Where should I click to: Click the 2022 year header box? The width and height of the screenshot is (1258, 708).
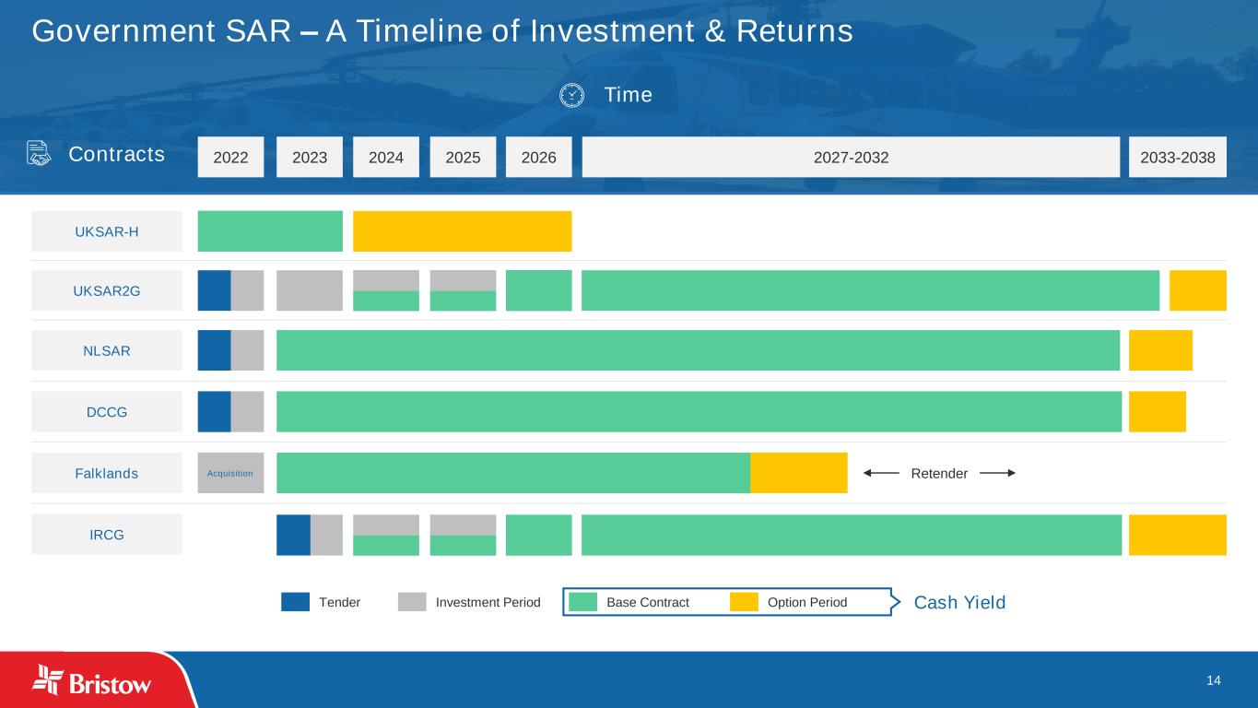230,158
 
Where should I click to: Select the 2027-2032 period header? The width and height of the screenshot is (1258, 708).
851,158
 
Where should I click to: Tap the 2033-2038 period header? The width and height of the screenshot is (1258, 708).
1177,158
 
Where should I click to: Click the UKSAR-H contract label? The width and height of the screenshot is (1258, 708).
107,231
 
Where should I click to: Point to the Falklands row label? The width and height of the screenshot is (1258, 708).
107,474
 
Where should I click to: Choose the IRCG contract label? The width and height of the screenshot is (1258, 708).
107,535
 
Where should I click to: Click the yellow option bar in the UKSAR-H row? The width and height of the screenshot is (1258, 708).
462,231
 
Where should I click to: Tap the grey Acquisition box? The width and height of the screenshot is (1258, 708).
230,473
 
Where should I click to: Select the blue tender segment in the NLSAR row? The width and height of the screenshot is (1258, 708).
214,350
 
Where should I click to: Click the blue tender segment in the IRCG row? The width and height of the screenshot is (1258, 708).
293,535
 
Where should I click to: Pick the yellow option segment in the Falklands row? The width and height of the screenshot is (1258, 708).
798,473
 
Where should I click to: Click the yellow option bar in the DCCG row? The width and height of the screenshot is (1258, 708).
1157,411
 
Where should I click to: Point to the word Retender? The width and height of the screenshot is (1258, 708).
939,474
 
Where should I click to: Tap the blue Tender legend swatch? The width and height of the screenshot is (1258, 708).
295,602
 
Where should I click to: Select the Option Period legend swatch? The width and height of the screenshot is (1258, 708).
744,602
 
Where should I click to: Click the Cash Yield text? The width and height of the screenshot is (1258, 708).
959,603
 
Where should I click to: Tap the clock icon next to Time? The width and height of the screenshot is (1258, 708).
571,95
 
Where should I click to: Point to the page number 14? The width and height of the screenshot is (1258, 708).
1213,680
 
